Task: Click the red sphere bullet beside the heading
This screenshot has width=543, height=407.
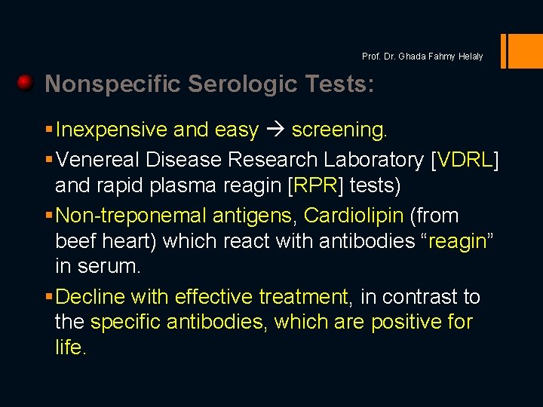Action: (25, 82)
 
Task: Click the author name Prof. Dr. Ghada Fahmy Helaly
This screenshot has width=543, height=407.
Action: (422, 57)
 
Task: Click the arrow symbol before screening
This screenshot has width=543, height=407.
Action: (275, 130)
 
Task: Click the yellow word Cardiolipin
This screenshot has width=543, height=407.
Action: (354, 216)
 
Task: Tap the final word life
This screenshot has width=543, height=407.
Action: (71, 348)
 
